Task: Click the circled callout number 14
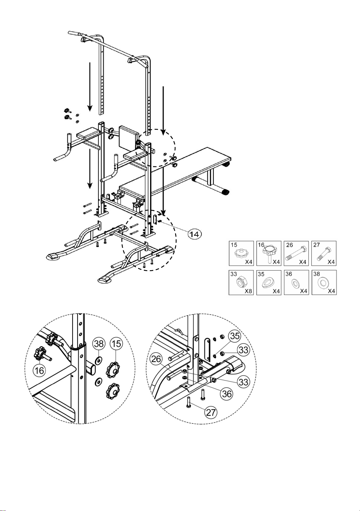[x=194, y=234]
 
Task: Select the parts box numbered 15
[x=241, y=253]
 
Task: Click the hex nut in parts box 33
[x=241, y=283]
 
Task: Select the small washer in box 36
[x=296, y=284]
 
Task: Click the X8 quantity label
[x=248, y=291]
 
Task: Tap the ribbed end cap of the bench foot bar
[x=226, y=192]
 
